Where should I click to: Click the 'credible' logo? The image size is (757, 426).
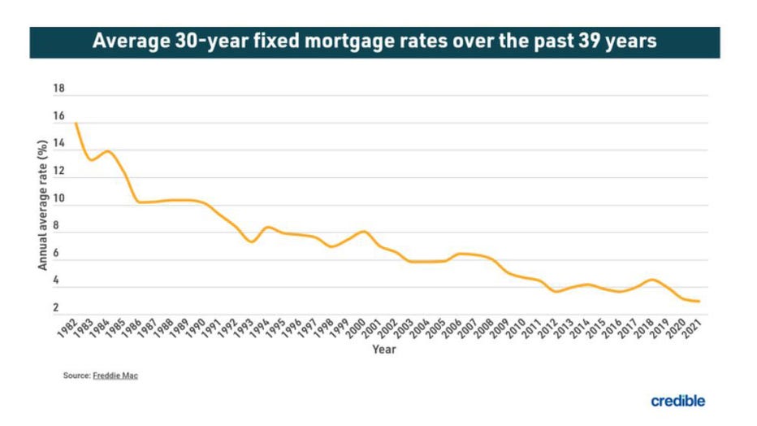(677, 401)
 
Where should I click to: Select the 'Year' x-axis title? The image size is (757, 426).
(384, 350)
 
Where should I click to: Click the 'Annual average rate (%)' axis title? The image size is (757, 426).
(42, 203)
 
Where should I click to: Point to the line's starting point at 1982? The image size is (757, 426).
(76, 124)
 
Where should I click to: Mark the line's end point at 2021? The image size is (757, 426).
(699, 302)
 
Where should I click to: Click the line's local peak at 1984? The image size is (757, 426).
(108, 151)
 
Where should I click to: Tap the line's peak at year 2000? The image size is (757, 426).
(363, 232)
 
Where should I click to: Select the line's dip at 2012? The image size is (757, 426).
(556, 291)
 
